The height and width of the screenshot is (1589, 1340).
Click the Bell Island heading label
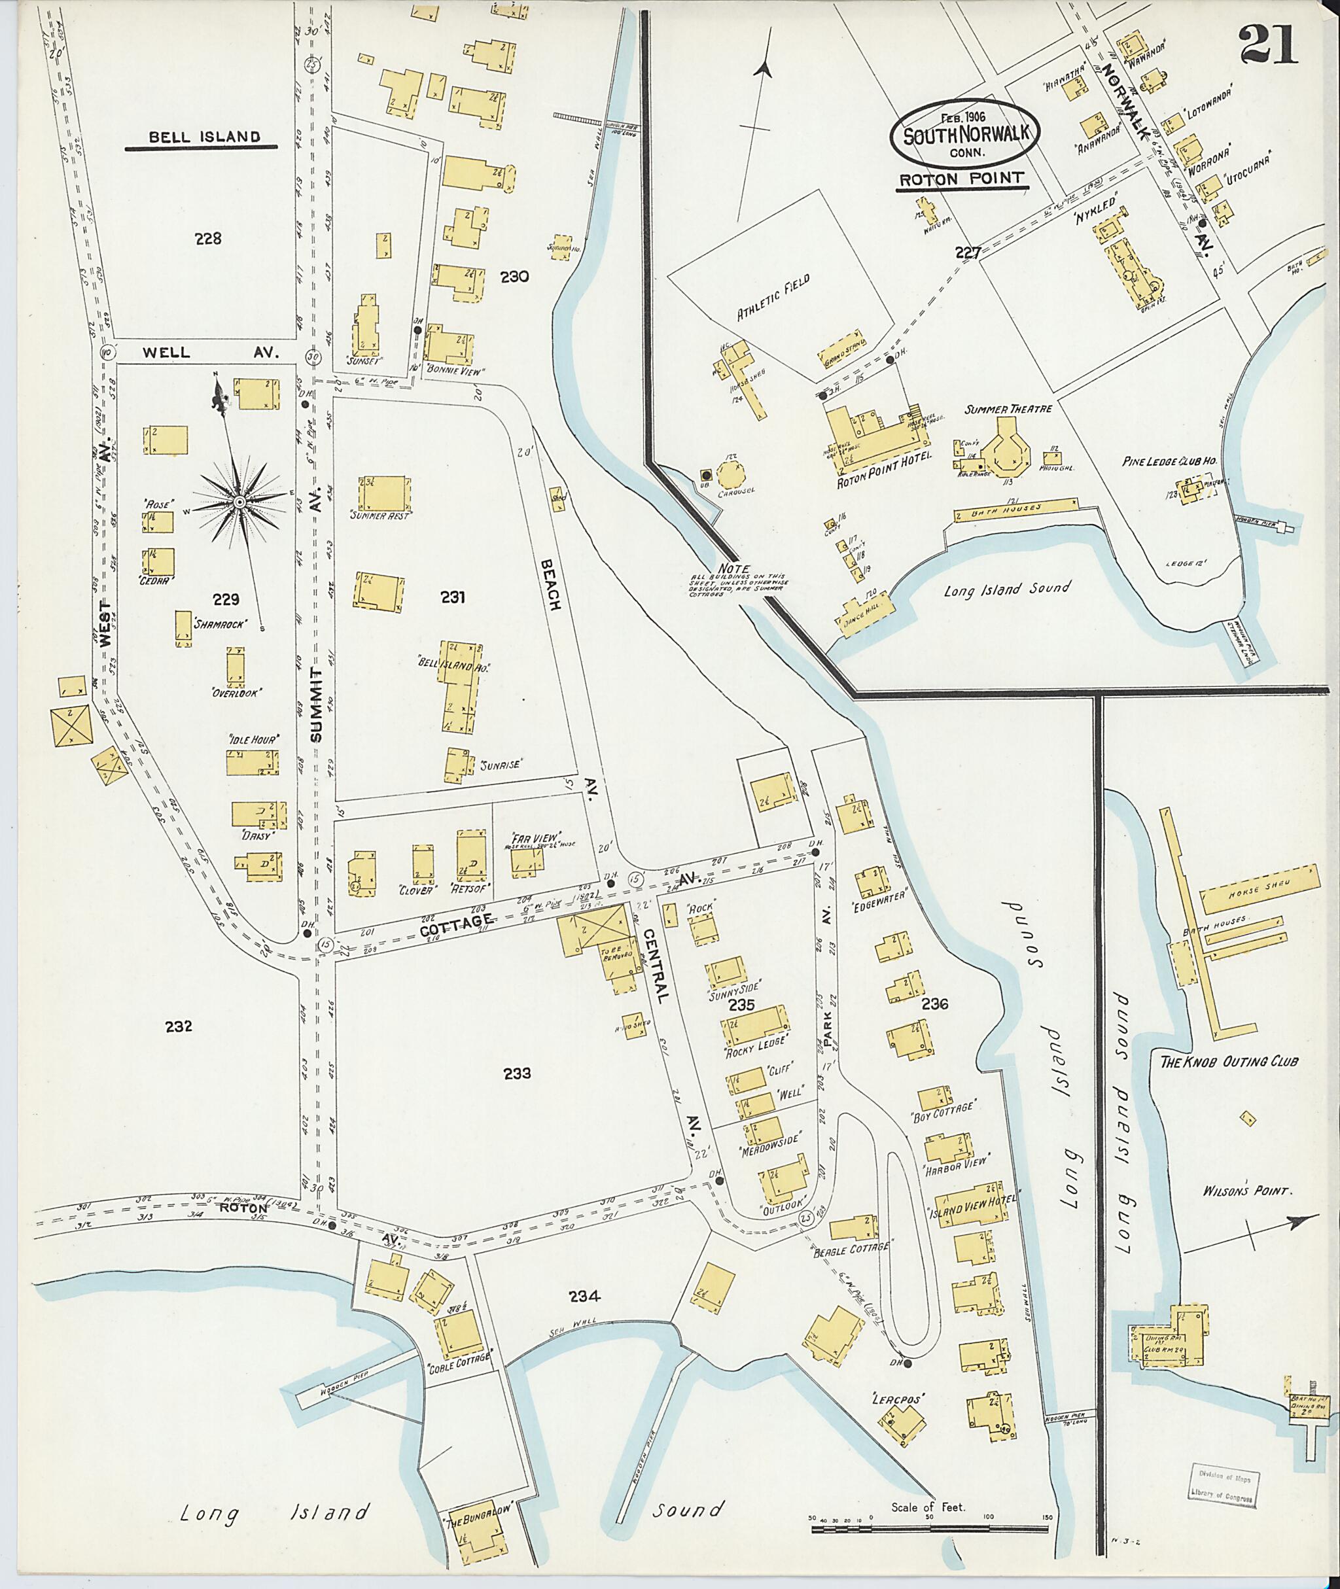point(204,137)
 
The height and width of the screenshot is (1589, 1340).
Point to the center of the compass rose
point(239,502)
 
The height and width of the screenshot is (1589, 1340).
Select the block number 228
point(207,239)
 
